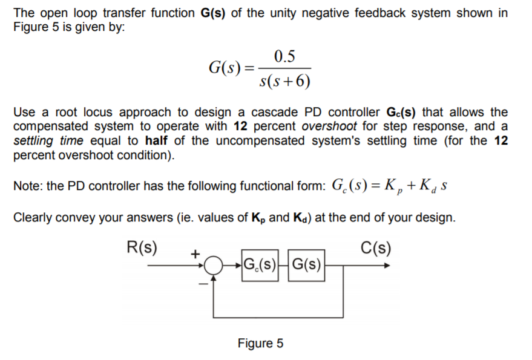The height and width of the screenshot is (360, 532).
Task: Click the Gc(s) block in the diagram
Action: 261,264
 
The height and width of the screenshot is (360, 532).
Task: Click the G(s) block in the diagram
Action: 306,264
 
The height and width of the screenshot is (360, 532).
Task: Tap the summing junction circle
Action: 213,265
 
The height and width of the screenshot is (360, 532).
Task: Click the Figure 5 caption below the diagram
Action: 260,344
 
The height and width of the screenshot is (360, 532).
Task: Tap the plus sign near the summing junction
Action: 195,255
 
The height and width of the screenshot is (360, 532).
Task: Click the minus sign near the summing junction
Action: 203,281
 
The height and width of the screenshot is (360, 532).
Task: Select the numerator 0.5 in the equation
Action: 284,57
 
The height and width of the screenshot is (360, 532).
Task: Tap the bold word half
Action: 159,140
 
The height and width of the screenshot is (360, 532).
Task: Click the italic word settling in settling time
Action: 33,140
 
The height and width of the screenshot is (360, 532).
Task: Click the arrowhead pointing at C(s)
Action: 386,264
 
